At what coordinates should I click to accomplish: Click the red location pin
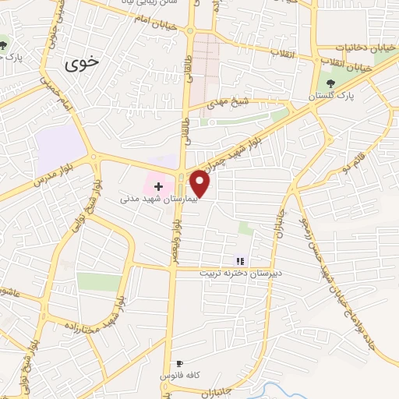tap(201, 183)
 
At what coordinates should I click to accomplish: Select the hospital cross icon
tap(158, 186)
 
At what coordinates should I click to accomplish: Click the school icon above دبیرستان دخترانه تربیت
tap(240, 261)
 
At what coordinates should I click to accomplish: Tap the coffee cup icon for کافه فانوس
tap(179, 363)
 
